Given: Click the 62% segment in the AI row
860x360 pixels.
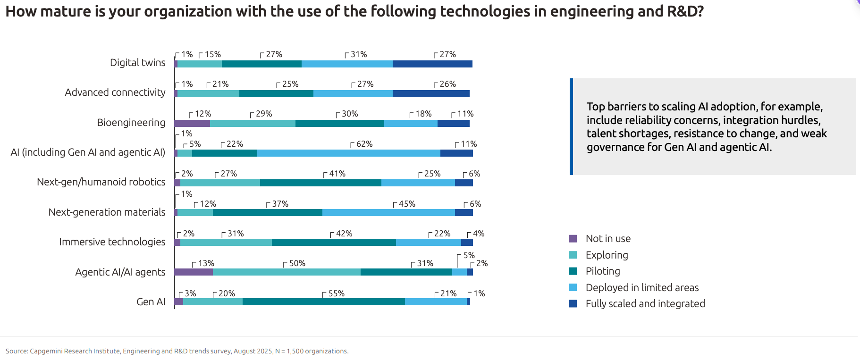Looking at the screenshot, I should [x=348, y=153].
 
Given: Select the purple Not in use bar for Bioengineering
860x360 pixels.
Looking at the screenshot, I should [x=192, y=123].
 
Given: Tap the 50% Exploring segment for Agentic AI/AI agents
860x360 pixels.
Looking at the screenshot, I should [x=287, y=272].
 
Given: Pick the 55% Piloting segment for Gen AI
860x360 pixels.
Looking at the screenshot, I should [x=323, y=301].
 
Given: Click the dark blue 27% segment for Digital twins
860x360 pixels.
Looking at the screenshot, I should [x=432, y=64].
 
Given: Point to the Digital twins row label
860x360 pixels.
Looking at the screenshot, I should [x=137, y=63].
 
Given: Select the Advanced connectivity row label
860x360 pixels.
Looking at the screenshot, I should [x=115, y=92].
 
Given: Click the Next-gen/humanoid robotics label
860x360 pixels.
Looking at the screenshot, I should [x=101, y=182].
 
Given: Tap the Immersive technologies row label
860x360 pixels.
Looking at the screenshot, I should [x=112, y=242].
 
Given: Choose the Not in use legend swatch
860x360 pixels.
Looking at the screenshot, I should [x=573, y=239].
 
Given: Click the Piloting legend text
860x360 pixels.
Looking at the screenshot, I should [x=603, y=271].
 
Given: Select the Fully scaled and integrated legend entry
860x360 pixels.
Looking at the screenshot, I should [x=645, y=304].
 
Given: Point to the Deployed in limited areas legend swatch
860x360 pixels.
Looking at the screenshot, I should [x=573, y=288].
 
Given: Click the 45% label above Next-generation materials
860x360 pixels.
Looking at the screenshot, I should [x=407, y=204].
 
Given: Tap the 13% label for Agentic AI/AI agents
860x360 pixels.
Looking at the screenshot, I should [x=206, y=263].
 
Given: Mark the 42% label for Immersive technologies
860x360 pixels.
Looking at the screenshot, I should [x=344, y=234].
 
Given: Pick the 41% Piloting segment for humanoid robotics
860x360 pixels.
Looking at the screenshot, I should [x=320, y=183].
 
